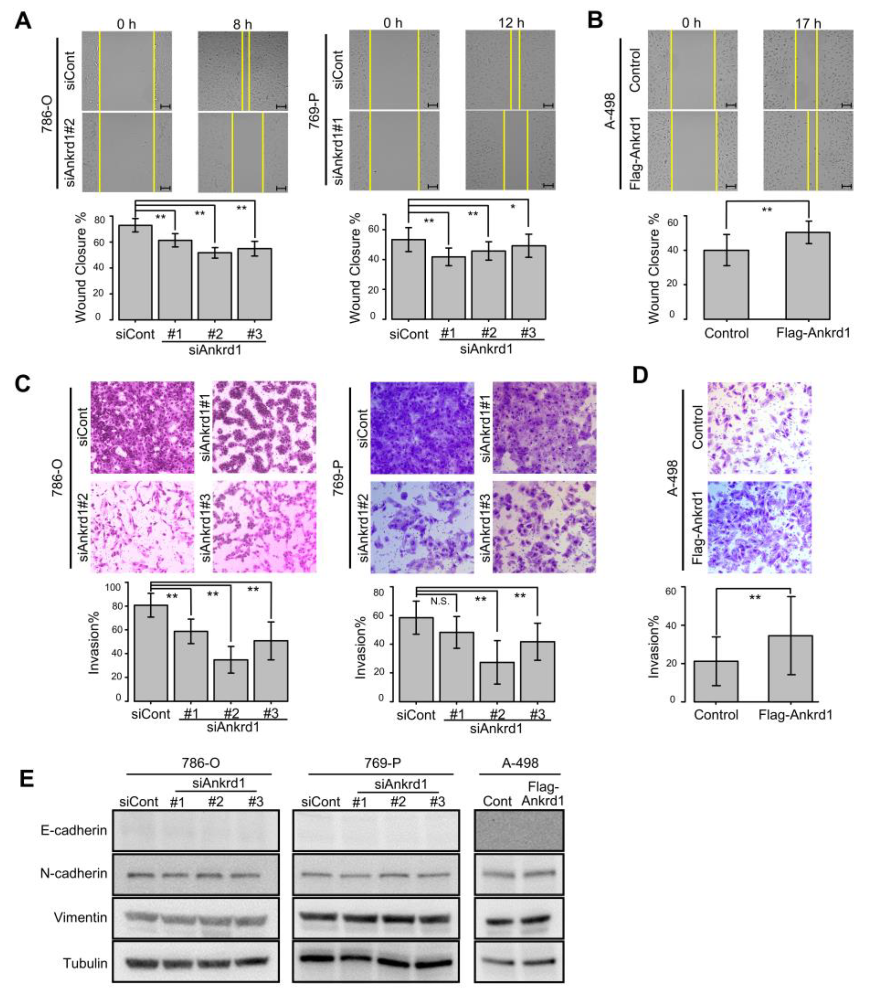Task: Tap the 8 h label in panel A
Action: (x=243, y=23)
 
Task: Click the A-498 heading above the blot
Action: (x=520, y=763)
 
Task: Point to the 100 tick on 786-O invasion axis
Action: (x=113, y=587)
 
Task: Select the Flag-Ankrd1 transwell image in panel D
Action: (x=759, y=527)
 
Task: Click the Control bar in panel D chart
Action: (x=715, y=681)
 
